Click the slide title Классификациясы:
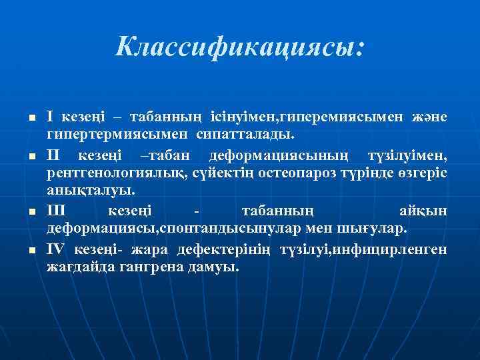tap(240, 47)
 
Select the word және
tap(429, 117)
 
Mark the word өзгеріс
tap(421, 174)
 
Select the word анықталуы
tap(89, 193)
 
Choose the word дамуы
tap(218, 268)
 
